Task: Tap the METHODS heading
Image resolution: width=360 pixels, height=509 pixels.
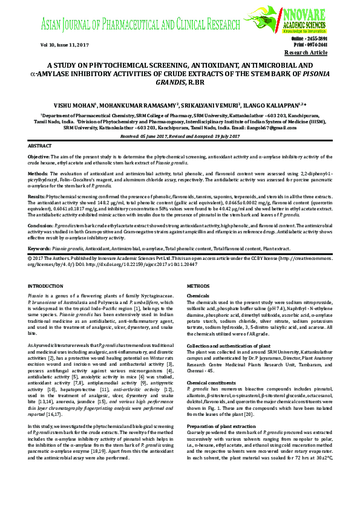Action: pos(198,285)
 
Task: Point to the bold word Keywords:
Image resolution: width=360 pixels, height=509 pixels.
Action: pos(39,248)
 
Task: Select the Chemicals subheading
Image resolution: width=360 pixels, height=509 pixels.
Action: pos(198,296)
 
